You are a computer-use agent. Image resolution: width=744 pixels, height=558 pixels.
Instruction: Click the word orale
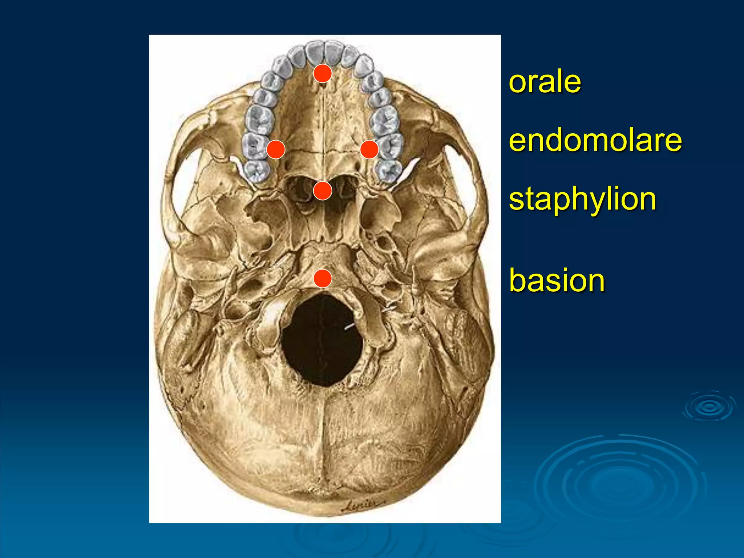click(545, 82)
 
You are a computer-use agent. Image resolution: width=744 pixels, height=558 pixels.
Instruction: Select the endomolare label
click(595, 141)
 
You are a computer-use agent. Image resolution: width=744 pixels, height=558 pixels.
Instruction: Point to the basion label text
click(557, 280)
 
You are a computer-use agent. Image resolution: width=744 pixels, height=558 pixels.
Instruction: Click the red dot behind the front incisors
click(322, 73)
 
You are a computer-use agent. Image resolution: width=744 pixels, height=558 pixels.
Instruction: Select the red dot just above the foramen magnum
click(322, 279)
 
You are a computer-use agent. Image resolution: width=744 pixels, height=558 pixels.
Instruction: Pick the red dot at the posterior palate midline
click(322, 190)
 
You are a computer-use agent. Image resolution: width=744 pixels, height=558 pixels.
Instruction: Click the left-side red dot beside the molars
click(275, 149)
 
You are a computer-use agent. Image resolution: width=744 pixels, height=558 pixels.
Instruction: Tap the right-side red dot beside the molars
click(369, 149)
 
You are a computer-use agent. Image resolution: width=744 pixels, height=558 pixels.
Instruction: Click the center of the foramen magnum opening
click(322, 340)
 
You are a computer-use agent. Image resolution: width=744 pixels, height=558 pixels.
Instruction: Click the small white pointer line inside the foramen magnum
click(349, 327)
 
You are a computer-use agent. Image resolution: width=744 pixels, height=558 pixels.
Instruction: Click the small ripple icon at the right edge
click(709, 407)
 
